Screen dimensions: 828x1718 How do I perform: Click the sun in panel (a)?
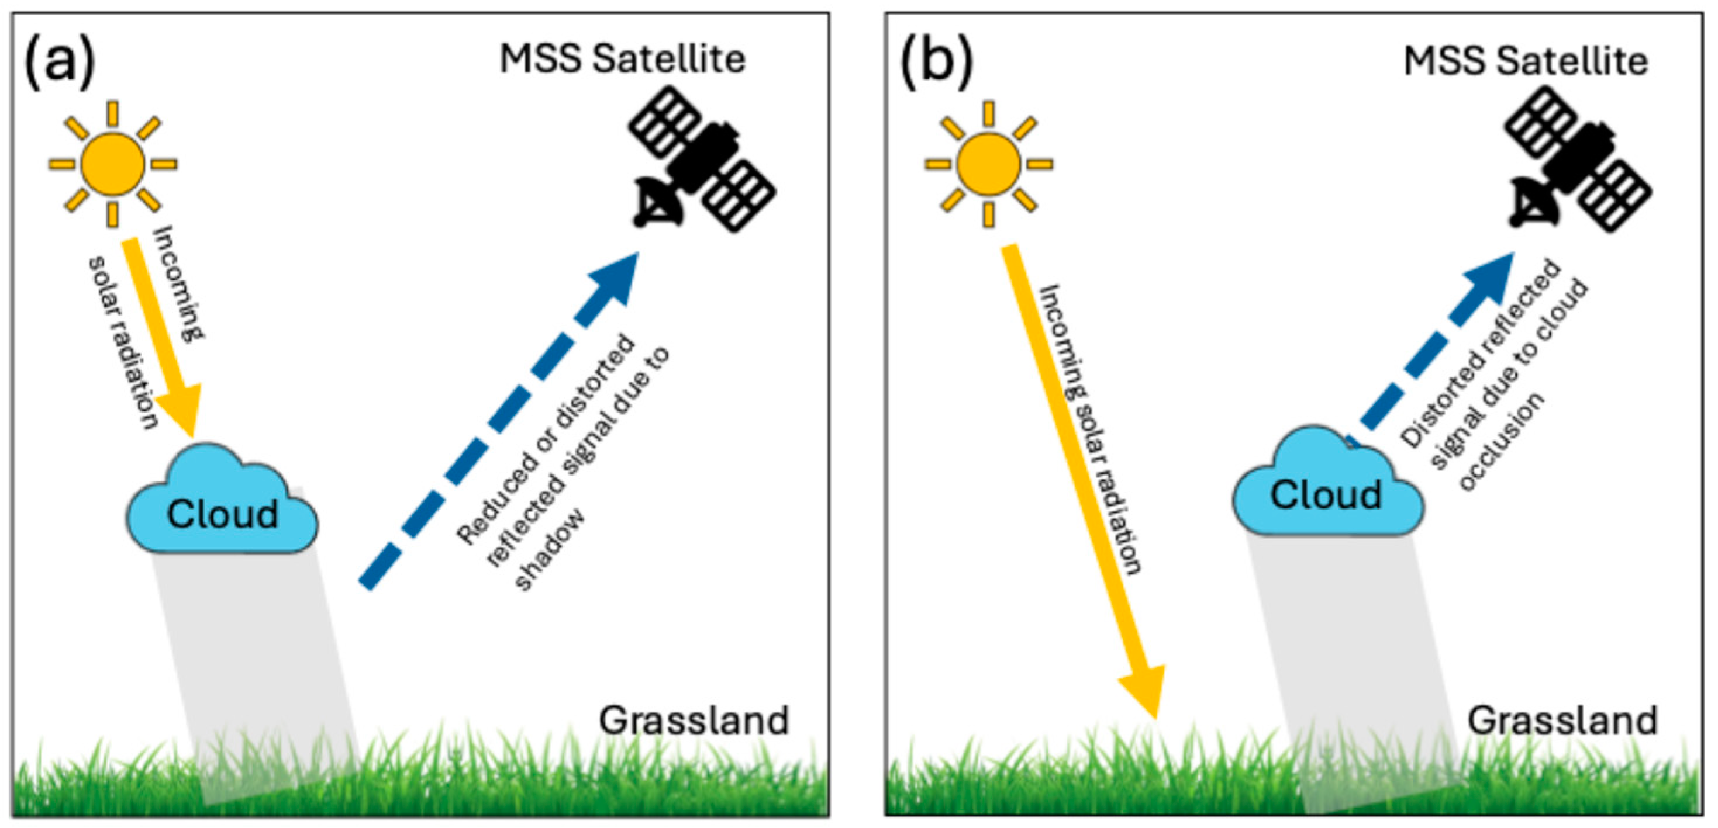[x=112, y=164]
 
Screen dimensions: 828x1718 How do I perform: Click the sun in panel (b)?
[x=988, y=164]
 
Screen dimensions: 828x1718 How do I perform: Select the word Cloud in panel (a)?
[x=222, y=515]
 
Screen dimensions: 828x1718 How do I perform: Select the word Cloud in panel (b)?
[x=1325, y=496]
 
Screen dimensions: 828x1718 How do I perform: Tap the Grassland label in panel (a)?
[x=694, y=720]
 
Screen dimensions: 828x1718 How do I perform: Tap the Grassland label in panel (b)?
[x=1562, y=720]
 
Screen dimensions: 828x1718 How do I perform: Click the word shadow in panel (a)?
[x=551, y=550]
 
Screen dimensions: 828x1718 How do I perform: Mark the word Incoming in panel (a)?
[x=179, y=283]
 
